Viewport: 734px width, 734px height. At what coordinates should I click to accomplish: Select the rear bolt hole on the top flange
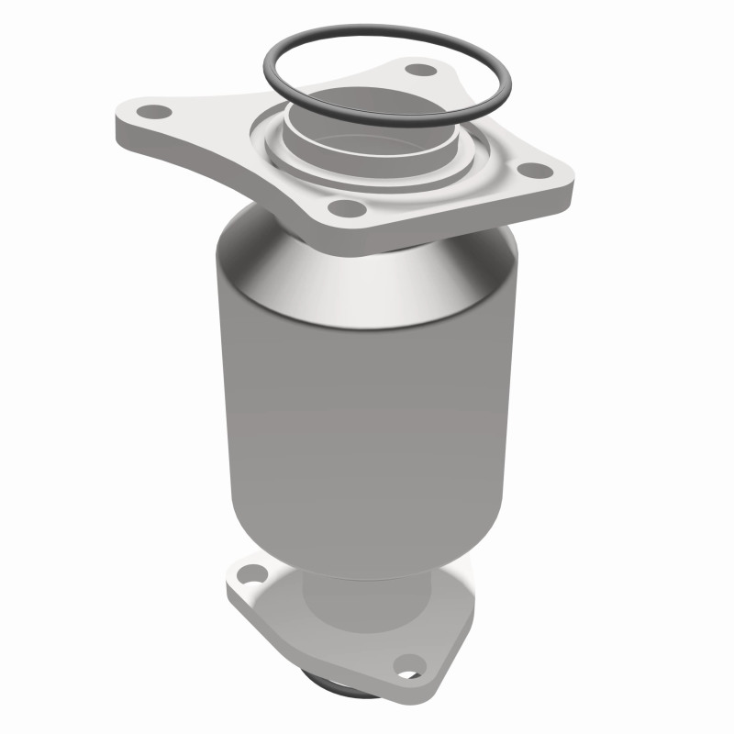pos(420,69)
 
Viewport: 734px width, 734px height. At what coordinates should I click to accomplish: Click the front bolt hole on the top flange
pos(347,209)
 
